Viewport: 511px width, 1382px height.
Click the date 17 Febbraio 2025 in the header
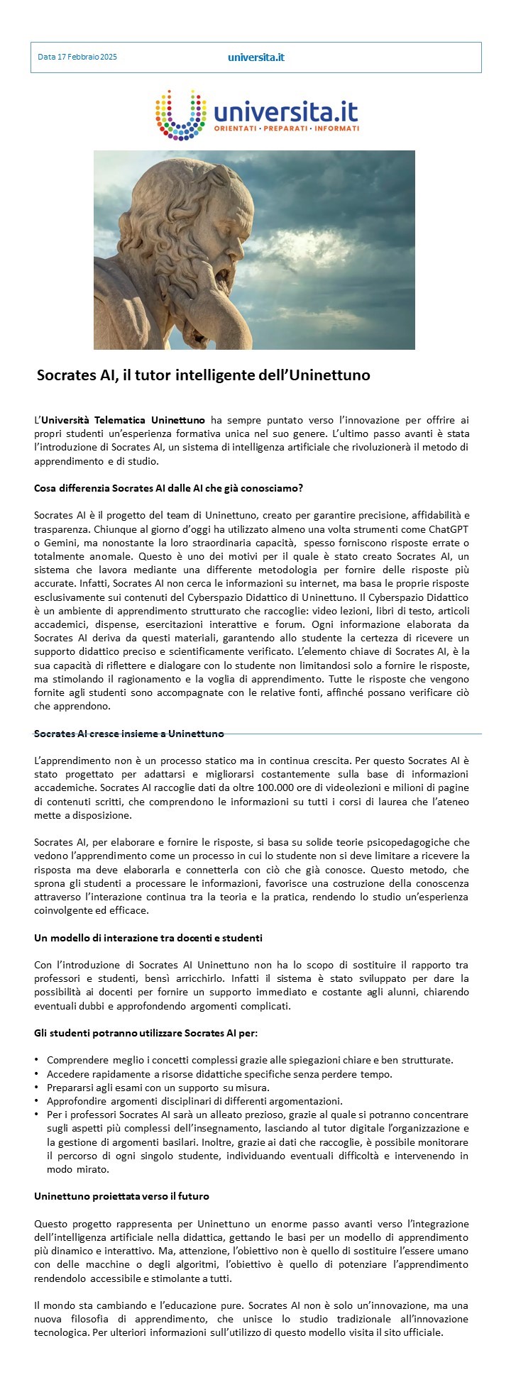77,57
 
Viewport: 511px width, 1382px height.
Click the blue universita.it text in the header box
255,57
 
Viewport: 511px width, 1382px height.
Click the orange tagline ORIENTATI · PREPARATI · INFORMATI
296,128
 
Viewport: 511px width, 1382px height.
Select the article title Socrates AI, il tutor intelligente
203,375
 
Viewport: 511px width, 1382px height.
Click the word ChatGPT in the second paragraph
449,529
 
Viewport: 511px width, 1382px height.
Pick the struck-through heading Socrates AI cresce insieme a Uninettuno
129,734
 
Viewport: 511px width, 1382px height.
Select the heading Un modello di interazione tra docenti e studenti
148,938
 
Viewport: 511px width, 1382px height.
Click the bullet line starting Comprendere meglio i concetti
249,1060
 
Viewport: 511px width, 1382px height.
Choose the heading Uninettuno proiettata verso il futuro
121,1196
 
